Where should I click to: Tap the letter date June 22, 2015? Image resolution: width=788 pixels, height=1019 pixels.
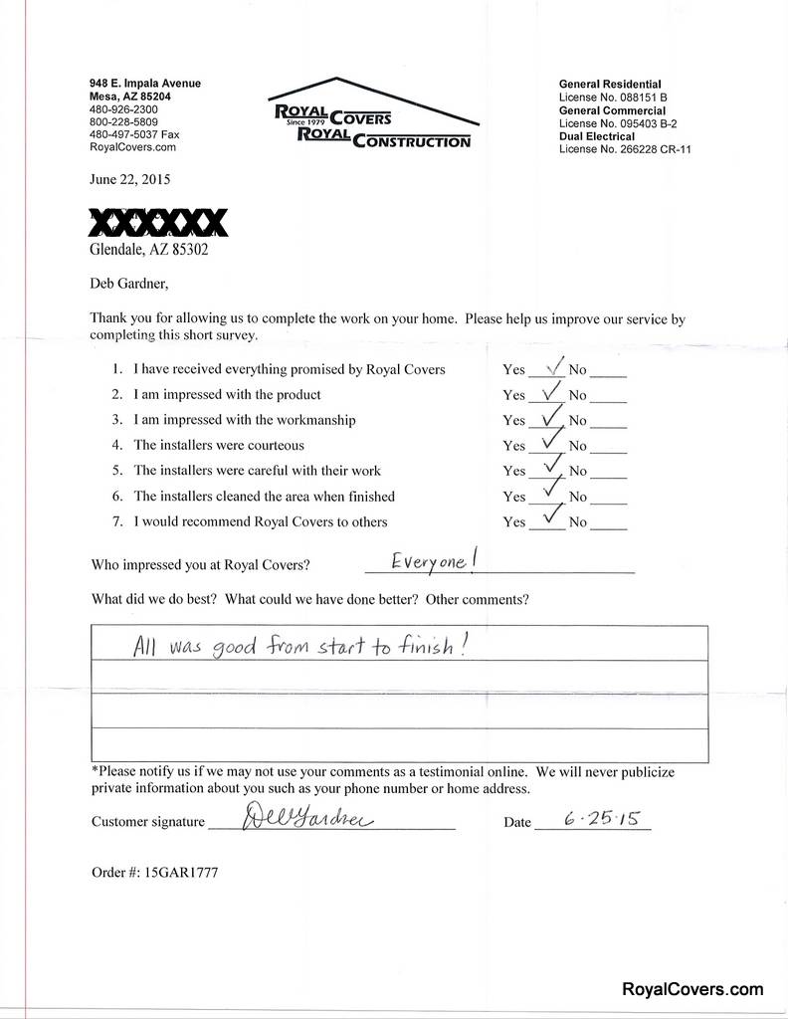pyautogui.click(x=130, y=180)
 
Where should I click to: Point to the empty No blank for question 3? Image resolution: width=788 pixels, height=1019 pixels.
pyautogui.click(x=609, y=421)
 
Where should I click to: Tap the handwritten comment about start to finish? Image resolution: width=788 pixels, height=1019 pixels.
pyautogui.click(x=299, y=647)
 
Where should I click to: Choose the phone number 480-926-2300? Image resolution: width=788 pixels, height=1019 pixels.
pyautogui.click(x=123, y=108)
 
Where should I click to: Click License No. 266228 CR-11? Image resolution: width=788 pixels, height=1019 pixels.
pyautogui.click(x=625, y=149)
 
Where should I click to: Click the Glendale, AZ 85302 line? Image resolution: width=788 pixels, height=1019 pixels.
pyautogui.click(x=149, y=250)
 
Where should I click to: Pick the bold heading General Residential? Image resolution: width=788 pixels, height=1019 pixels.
pyautogui.click(x=610, y=85)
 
